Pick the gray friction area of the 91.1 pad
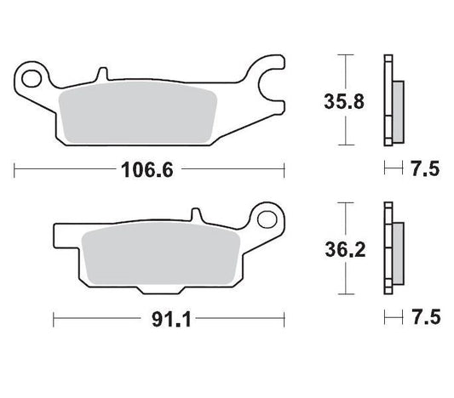click(x=162, y=255)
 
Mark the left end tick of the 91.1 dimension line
click(x=54, y=321)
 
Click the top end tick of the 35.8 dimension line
click(x=344, y=55)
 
